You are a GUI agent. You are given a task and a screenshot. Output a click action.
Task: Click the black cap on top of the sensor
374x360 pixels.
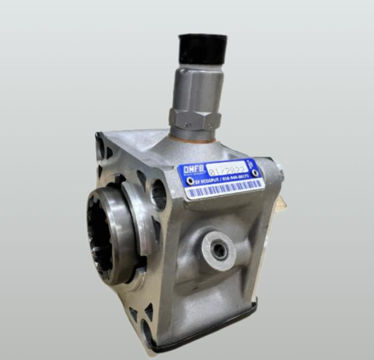[202, 49]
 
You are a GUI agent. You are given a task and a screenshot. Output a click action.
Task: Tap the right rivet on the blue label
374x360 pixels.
[253, 173]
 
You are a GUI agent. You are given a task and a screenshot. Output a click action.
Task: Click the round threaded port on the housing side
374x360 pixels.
[219, 249]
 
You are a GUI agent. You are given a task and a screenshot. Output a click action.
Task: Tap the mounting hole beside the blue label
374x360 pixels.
[159, 194]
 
